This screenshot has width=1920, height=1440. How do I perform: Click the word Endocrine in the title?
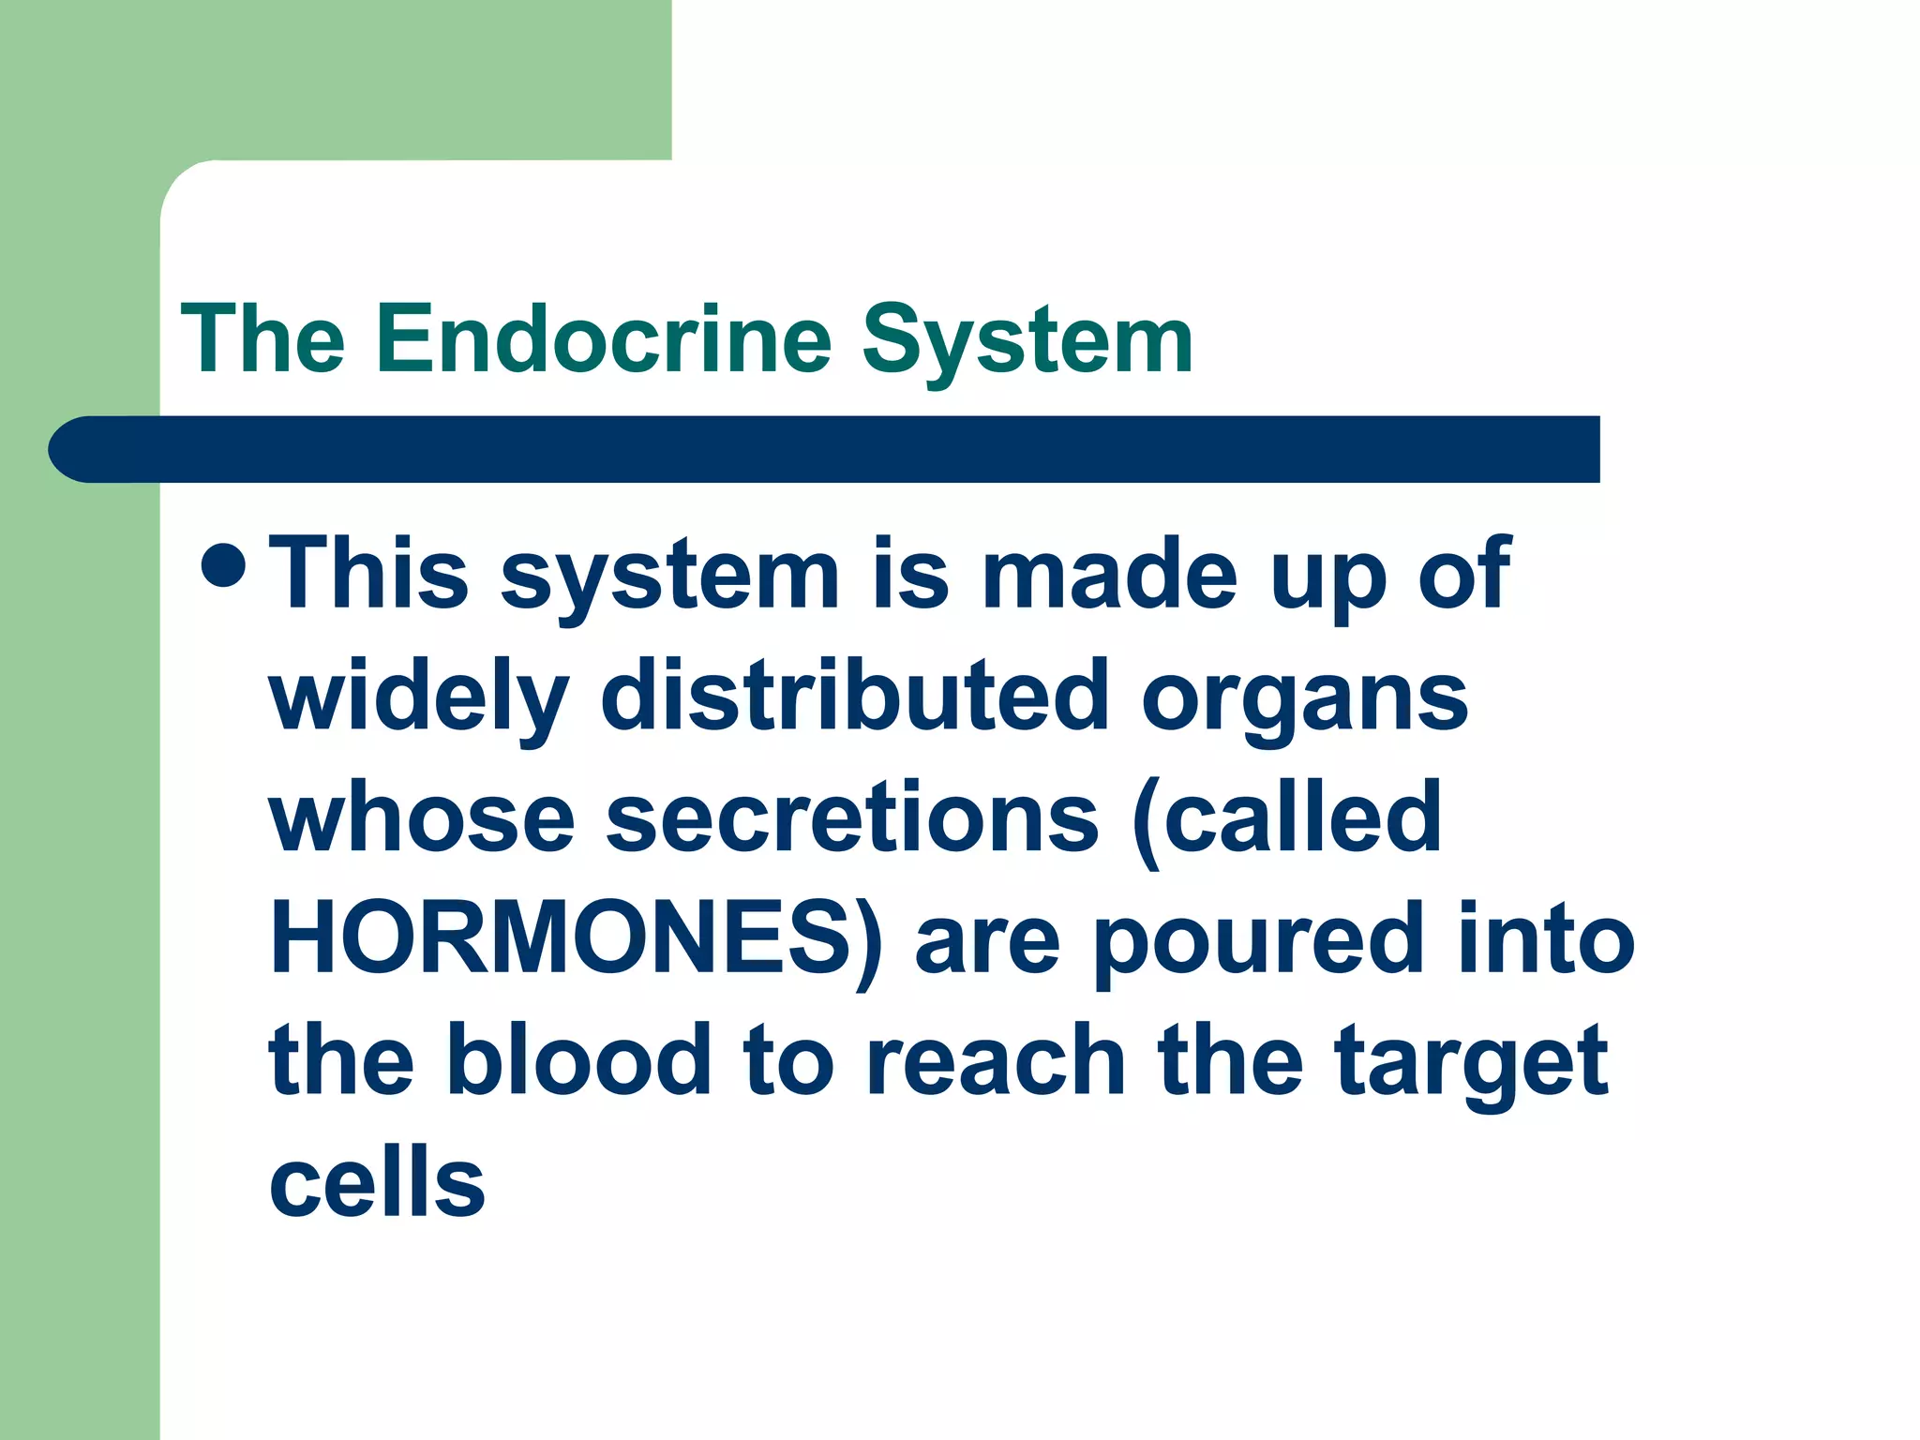coord(604,339)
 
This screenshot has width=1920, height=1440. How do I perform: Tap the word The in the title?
coord(263,339)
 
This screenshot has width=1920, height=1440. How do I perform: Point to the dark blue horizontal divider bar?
coord(825,449)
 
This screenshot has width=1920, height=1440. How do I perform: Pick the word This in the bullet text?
coord(368,573)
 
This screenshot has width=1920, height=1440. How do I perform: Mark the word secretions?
coord(852,817)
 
